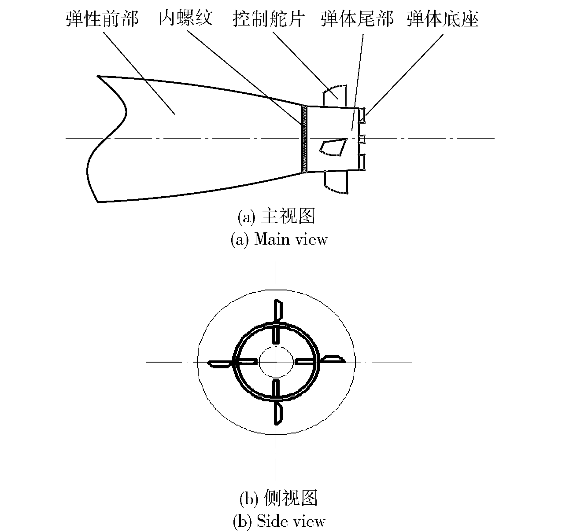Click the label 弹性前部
click(x=102, y=19)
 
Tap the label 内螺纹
click(x=186, y=18)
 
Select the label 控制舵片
click(x=268, y=19)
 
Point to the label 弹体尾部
click(x=357, y=19)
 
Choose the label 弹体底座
click(x=443, y=19)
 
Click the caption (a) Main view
click(x=279, y=239)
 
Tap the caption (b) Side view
click(x=279, y=521)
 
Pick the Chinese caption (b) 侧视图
click(x=278, y=498)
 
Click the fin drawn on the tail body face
click(x=333, y=147)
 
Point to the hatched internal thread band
click(x=305, y=139)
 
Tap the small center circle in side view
click(x=276, y=362)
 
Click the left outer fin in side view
click(x=219, y=364)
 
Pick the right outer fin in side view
click(x=333, y=359)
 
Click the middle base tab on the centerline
click(x=362, y=139)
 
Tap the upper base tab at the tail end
click(x=362, y=115)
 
